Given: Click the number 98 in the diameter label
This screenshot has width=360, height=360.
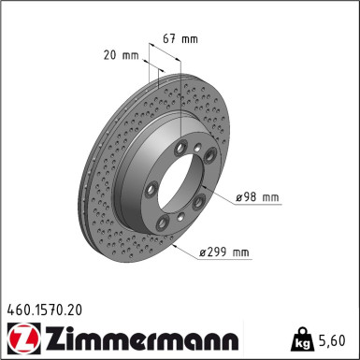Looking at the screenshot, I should [252, 197].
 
